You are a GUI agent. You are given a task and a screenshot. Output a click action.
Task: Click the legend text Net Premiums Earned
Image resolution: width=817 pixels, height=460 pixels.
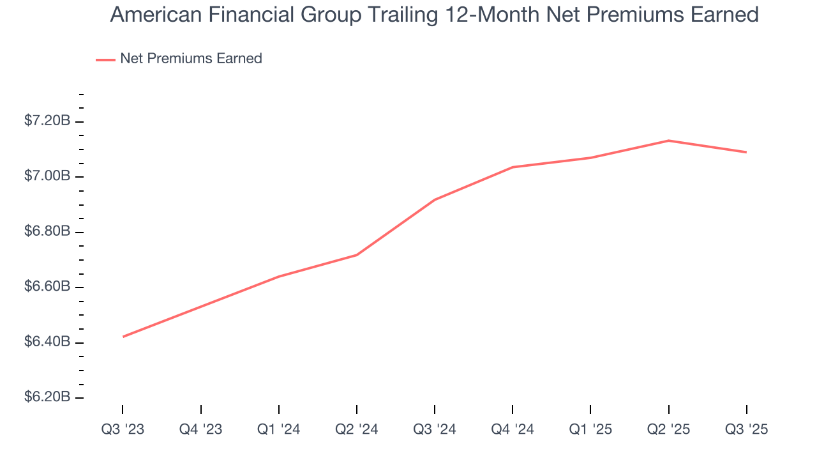(x=191, y=59)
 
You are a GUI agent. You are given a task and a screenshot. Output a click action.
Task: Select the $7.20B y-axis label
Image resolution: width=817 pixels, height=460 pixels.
(x=47, y=121)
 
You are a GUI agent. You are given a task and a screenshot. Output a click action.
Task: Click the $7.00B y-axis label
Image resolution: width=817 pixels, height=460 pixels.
(x=47, y=176)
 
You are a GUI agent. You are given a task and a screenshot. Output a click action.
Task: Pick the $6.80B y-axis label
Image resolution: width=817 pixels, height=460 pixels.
(x=47, y=231)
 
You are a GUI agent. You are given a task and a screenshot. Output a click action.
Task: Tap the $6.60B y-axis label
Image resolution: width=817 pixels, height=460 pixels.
(x=47, y=286)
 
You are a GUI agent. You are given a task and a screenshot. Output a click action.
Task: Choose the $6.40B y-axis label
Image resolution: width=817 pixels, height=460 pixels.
(x=47, y=342)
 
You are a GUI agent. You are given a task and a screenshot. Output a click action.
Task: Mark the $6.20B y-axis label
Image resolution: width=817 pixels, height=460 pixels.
(x=47, y=397)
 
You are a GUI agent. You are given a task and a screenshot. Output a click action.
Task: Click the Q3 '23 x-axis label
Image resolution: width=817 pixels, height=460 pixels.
(x=123, y=429)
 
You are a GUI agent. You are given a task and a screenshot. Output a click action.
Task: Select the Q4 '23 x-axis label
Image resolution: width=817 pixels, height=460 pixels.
(x=200, y=429)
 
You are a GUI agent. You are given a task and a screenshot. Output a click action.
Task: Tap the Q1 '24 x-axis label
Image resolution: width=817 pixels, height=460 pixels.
(x=278, y=429)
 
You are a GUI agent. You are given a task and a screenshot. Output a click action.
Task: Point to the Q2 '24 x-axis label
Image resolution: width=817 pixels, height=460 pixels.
(x=356, y=429)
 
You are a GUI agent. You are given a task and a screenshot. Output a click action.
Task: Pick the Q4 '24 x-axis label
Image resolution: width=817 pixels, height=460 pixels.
(x=513, y=429)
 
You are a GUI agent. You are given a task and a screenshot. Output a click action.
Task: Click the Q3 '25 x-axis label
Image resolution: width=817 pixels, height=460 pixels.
(x=746, y=429)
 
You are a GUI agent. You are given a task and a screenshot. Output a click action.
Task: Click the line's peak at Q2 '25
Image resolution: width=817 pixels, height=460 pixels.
(x=668, y=141)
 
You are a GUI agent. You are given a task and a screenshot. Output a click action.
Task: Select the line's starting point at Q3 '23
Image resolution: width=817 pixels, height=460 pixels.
(x=123, y=337)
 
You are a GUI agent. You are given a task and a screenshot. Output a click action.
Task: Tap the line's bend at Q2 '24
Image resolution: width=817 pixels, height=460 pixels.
(x=356, y=255)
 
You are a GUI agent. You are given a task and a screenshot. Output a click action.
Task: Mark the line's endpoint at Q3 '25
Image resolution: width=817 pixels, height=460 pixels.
(x=746, y=152)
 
